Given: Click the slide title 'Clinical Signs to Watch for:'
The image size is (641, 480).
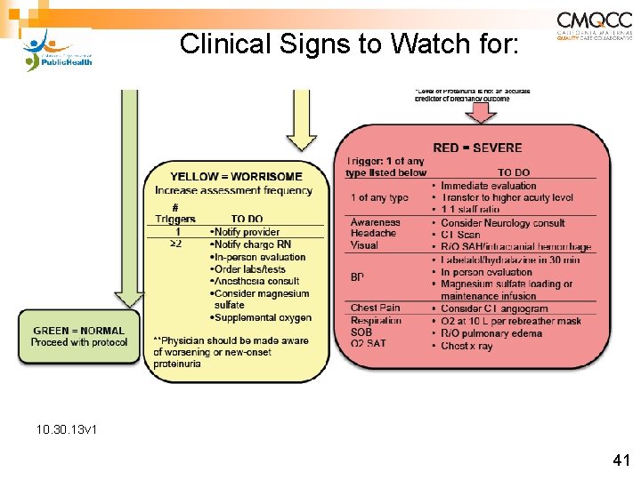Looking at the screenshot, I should click(347, 44).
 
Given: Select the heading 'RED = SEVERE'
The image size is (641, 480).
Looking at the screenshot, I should click(477, 148).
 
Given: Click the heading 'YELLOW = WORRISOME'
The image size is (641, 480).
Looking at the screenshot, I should click(236, 177).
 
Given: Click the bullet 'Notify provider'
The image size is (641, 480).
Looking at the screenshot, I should click(245, 232).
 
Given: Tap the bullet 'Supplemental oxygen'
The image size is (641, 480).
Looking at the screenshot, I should click(261, 317).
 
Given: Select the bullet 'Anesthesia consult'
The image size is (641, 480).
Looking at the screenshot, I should click(255, 281).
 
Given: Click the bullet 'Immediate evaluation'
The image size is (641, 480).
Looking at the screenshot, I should click(488, 186).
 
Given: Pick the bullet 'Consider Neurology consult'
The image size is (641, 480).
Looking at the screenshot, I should click(502, 222).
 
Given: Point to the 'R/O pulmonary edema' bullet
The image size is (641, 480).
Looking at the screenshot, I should click(491, 333).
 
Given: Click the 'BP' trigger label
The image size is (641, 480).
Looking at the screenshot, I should click(357, 277).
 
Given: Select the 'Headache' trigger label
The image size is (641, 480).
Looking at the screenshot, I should click(372, 234).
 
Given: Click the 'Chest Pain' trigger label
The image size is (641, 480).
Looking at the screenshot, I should click(375, 308).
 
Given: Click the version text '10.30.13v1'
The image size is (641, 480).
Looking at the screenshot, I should click(67, 430).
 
